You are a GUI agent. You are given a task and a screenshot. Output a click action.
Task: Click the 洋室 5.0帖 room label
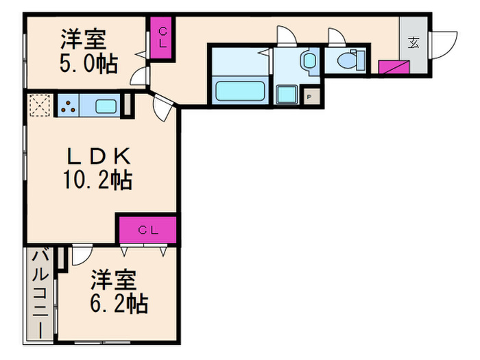(88, 51)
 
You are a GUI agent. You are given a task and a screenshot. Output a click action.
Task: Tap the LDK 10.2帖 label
(97, 169)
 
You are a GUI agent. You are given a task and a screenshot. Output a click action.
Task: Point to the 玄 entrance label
(414, 43)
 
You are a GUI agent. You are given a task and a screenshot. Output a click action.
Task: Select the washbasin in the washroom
(309, 60)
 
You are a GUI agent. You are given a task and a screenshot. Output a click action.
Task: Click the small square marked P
(309, 97)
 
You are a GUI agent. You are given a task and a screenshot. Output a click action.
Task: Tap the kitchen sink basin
(106, 106)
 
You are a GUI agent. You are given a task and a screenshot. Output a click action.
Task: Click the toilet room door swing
(338, 36)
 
